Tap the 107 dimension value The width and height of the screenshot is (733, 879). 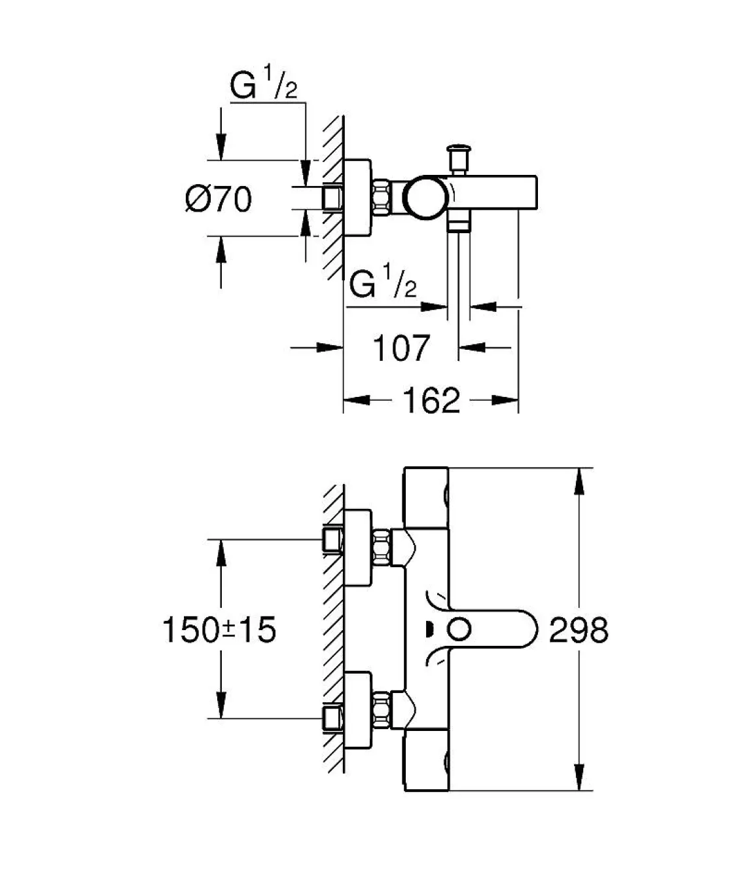point(402,348)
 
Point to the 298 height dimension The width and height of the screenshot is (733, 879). point(579,630)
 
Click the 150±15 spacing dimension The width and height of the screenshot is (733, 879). point(219,630)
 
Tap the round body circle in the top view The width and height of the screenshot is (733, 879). point(426,197)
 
